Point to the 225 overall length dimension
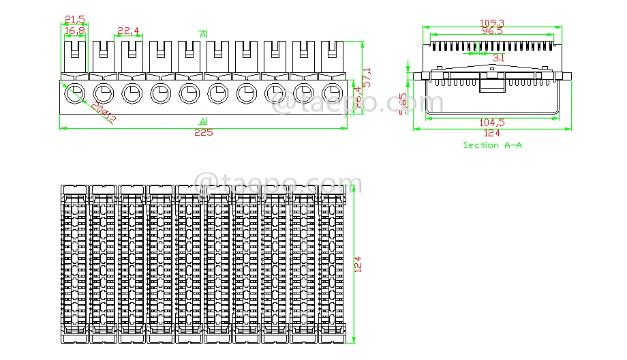point(203,132)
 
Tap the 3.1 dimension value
point(498,58)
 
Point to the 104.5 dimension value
point(491,123)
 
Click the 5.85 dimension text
point(403,104)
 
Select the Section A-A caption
point(492,145)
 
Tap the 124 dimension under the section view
point(491,133)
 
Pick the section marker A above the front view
point(203,33)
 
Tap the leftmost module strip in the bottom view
point(74,262)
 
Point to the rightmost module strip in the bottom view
point(332,262)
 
